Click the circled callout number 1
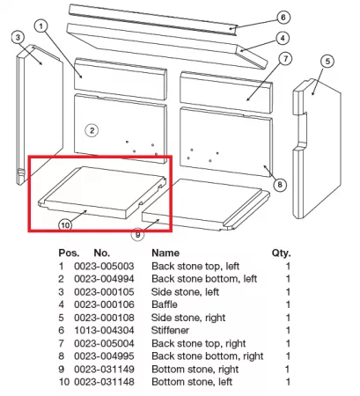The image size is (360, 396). tap(40, 26)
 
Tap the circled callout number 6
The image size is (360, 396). tap(283, 18)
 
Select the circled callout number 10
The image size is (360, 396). tap(65, 225)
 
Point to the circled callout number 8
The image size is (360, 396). tap(280, 185)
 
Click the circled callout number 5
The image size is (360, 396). tap(327, 62)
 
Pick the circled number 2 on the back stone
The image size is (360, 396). tap(92, 130)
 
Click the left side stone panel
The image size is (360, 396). tap(40, 114)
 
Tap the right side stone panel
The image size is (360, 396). tap(317, 148)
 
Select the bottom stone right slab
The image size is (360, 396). tap(205, 204)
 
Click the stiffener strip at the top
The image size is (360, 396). tap(152, 19)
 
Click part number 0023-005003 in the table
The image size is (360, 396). tap(104, 267)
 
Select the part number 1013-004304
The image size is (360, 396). tap(104, 330)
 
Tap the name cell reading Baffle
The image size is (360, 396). tap(165, 304)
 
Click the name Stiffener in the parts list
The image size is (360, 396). tap(170, 330)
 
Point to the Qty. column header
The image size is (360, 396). tap(281, 253)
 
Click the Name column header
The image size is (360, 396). tap(165, 253)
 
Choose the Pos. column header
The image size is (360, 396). tap(69, 253)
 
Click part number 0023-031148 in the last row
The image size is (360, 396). tap(104, 382)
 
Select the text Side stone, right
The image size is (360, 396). tap(188, 318)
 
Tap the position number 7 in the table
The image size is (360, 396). tap(61, 343)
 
